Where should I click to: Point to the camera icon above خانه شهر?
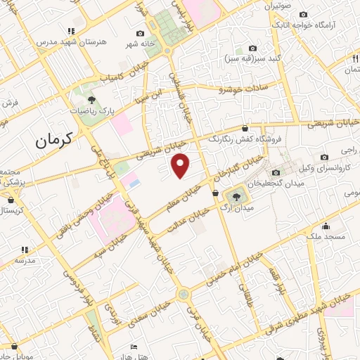click(140, 34)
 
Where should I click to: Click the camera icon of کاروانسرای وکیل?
click(323, 157)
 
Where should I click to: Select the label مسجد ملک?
click(326, 238)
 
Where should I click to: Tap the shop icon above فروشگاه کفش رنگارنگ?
click(244, 128)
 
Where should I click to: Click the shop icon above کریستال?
click(10, 199)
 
